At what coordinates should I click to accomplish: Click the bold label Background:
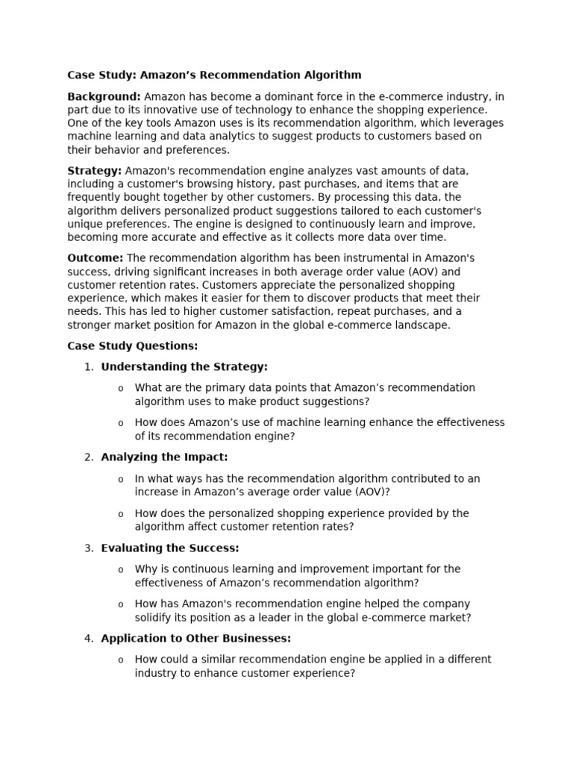(x=104, y=96)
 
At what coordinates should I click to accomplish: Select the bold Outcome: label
(x=95, y=257)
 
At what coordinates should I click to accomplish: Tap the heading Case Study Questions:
(x=133, y=345)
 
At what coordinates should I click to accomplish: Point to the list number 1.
(x=88, y=366)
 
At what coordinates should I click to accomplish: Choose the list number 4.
(x=88, y=638)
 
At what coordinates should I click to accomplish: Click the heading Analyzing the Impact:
(x=164, y=457)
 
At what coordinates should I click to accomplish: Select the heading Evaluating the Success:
(x=170, y=548)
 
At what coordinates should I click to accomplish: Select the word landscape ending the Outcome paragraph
(x=424, y=325)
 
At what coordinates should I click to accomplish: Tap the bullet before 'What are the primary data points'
(x=120, y=388)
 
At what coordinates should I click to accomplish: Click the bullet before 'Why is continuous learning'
(x=120, y=569)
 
